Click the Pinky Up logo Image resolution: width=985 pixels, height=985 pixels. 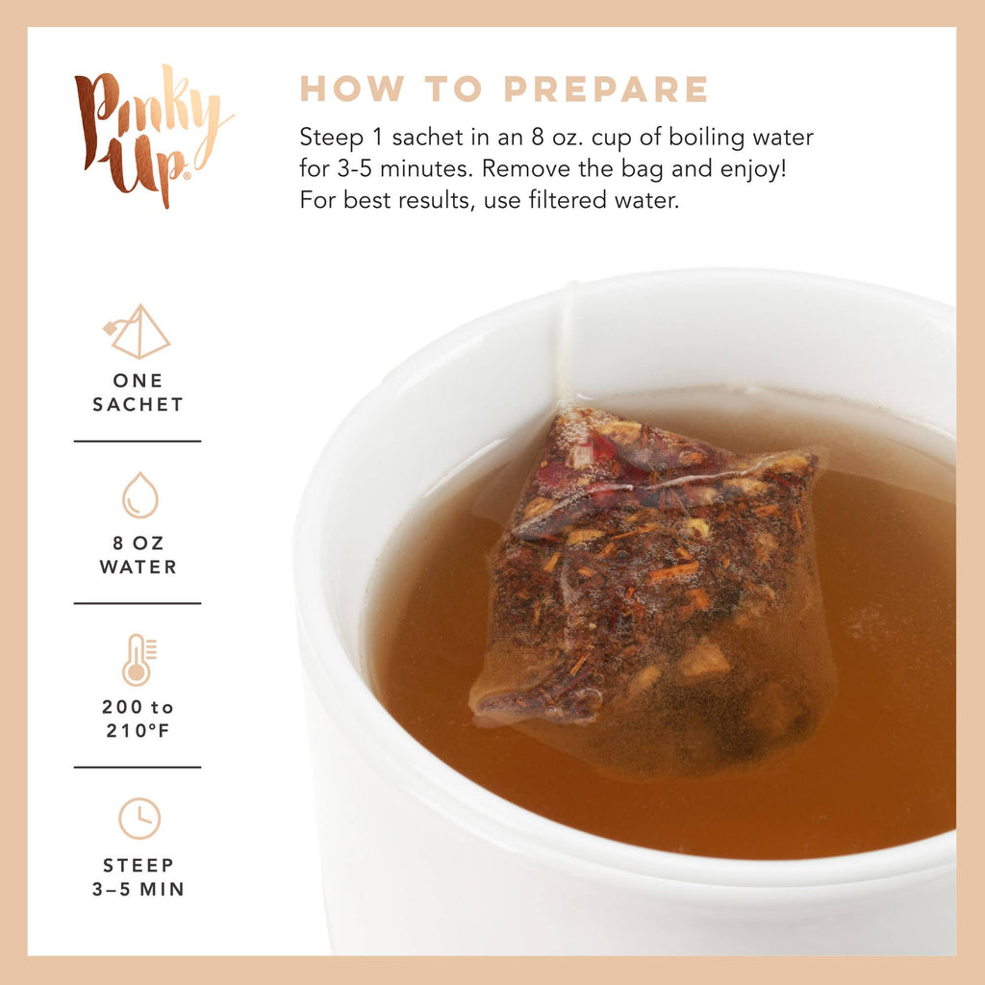151,135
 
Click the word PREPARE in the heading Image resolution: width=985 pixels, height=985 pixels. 606,89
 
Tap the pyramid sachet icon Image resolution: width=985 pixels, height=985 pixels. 138,332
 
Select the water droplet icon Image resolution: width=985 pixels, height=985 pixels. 139,495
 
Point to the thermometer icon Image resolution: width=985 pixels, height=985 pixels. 137,659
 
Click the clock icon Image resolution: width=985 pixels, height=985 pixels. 139,819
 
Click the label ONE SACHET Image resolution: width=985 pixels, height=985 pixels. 138,392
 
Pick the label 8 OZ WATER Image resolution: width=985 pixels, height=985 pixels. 138,556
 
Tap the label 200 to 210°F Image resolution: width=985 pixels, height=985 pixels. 138,719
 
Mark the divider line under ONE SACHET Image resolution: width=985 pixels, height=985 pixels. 138,442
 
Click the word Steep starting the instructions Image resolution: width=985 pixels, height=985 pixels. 327,138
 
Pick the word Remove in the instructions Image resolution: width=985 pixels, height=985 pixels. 523,170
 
